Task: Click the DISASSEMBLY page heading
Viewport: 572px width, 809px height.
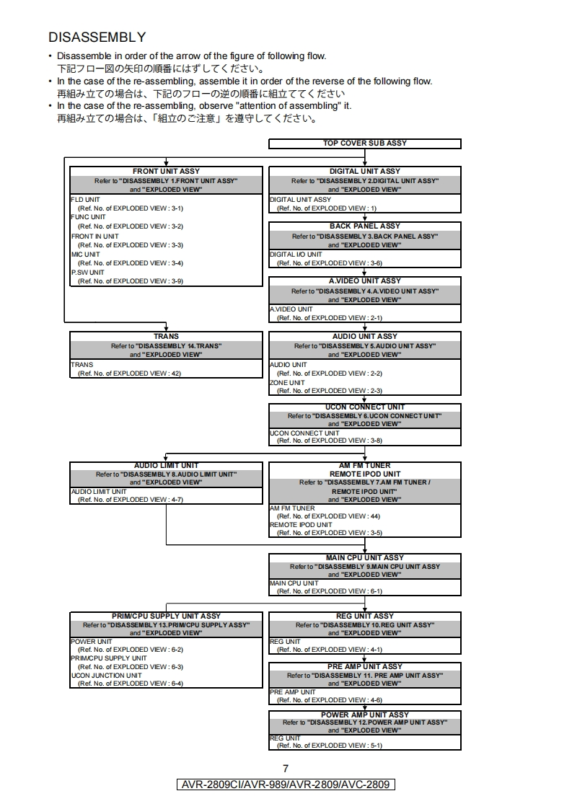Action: pos(97,37)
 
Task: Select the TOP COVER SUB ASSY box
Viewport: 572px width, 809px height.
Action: pos(364,143)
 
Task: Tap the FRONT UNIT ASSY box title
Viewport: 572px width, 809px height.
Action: pos(166,172)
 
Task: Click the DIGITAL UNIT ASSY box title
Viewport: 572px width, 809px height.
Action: pos(364,172)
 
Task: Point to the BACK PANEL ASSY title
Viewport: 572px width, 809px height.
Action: pos(364,226)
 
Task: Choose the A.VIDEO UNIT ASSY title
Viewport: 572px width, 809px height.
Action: pos(364,281)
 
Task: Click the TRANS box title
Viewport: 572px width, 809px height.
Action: pos(166,336)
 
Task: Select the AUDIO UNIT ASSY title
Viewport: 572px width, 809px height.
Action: pos(364,336)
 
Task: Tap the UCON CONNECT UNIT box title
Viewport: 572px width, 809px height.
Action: pos(364,407)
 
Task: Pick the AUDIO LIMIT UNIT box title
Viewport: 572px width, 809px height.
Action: pos(166,466)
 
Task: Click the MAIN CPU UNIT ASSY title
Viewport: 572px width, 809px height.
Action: pos(364,557)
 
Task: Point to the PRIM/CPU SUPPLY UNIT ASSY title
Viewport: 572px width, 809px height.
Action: pos(166,616)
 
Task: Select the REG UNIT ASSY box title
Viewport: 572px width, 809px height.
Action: pos(364,616)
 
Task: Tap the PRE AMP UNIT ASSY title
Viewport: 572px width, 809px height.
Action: pos(364,666)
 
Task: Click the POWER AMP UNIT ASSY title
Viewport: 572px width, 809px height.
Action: pos(364,715)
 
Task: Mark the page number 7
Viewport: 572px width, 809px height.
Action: pos(286,769)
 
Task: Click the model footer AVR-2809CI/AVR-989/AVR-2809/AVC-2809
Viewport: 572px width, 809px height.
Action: pos(286,784)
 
